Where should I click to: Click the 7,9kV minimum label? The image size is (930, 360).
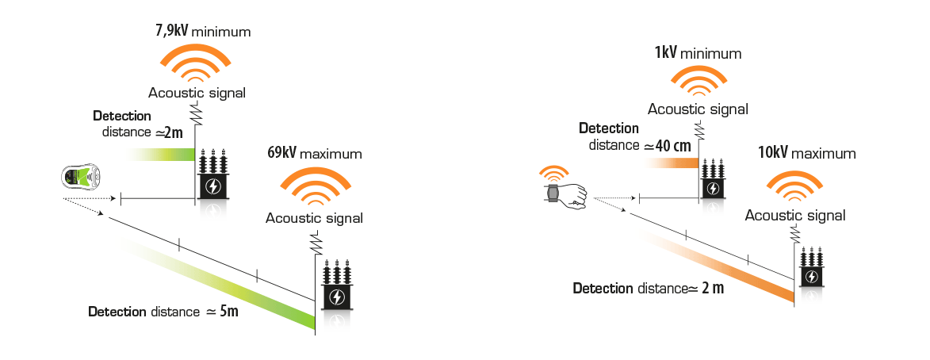(203, 31)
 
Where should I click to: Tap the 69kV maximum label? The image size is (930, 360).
(314, 153)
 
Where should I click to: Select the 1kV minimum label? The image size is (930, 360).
(698, 53)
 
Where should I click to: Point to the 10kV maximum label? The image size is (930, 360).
(806, 153)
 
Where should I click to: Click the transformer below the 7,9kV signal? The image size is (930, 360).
(212, 171)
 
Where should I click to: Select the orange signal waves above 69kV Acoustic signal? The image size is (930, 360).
(314, 189)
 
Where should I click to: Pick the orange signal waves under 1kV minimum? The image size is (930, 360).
(698, 82)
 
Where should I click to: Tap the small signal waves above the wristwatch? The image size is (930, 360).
(552, 174)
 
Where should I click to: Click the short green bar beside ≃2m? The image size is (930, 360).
(160, 154)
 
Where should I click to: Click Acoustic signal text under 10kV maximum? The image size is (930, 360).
(794, 216)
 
